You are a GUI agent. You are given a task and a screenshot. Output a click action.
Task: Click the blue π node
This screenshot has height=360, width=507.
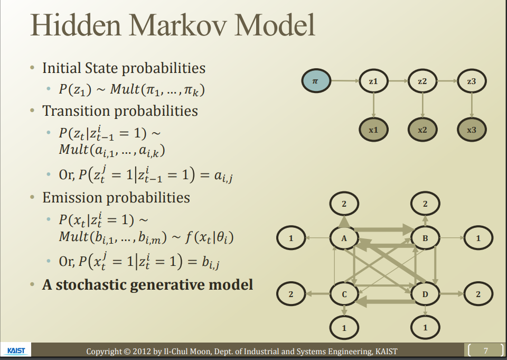pyautogui.click(x=315, y=81)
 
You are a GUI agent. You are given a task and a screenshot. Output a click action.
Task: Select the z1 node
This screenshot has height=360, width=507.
pyautogui.click(x=373, y=81)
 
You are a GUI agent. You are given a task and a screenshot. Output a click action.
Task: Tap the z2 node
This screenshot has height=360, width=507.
pyautogui.click(x=422, y=81)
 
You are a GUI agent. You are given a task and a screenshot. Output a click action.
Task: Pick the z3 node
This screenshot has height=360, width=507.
pyautogui.click(x=472, y=81)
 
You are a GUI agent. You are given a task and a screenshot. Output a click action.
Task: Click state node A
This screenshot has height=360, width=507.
pyautogui.click(x=344, y=238)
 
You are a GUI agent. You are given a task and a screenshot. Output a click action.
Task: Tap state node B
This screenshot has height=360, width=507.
pyautogui.click(x=426, y=238)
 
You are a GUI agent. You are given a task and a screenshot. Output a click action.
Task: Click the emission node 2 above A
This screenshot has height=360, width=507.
pyautogui.click(x=344, y=204)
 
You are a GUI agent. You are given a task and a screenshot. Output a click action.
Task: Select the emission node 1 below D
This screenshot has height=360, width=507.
pyautogui.click(x=426, y=328)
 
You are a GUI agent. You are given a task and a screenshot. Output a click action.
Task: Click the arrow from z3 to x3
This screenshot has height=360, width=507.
pyautogui.click(x=472, y=105)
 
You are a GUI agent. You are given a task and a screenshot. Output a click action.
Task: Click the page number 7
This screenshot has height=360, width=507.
pyautogui.click(x=486, y=350)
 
